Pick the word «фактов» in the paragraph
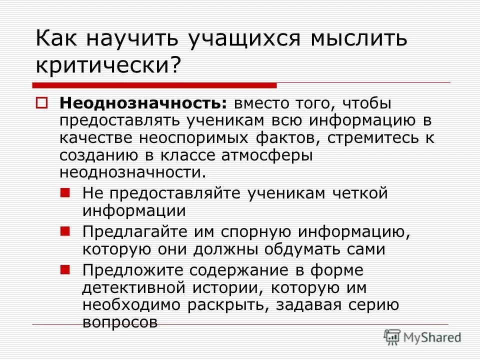314,138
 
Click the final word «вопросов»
120,322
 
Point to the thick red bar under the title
154,85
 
